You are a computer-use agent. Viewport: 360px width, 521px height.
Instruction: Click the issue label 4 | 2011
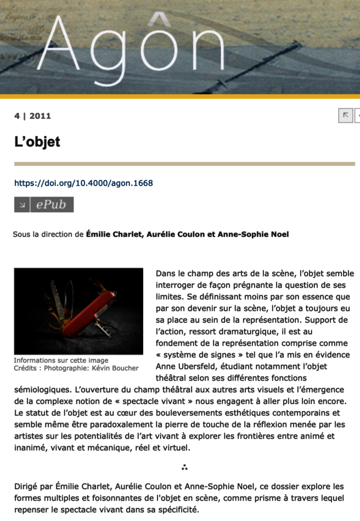[x=32, y=116]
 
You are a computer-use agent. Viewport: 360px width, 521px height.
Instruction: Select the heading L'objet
[x=37, y=142]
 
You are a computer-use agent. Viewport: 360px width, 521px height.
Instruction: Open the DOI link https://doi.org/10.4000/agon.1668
[x=83, y=183]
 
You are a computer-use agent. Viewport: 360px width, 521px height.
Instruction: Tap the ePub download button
[x=44, y=205]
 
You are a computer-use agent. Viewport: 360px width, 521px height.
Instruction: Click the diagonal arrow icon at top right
[x=345, y=116]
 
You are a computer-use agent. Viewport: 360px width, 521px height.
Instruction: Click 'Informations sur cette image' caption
[x=61, y=360]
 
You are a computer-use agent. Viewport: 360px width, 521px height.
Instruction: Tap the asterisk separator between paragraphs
[x=184, y=468]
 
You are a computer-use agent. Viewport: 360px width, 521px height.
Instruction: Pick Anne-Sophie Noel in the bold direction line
[x=253, y=234]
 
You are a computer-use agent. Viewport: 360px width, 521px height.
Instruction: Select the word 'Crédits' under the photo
[x=26, y=369]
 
